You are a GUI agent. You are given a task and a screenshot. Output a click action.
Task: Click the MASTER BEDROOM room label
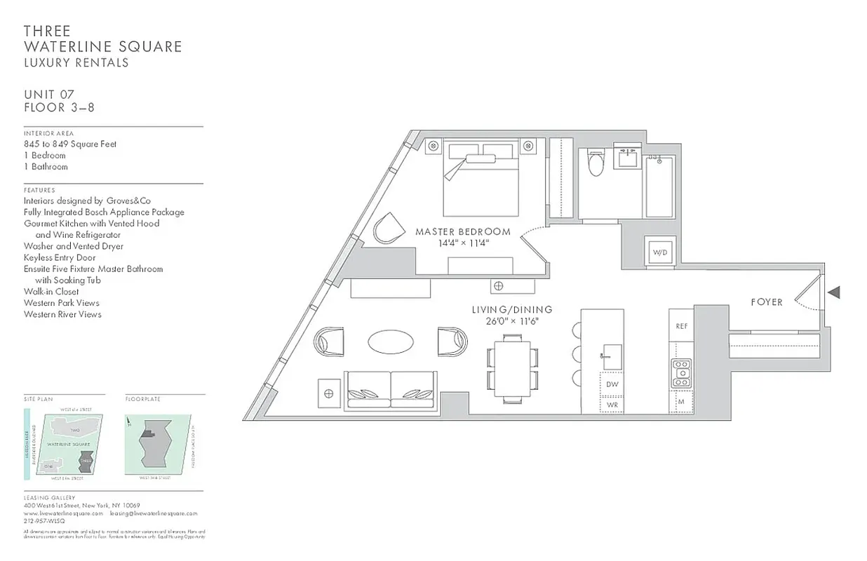click(x=462, y=231)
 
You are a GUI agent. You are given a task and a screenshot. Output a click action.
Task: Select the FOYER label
click(x=767, y=302)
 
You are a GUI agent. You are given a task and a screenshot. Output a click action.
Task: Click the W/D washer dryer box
click(x=660, y=252)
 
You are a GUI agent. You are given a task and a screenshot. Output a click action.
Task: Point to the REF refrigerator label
click(x=681, y=326)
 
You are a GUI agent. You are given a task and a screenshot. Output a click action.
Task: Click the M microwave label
click(x=681, y=401)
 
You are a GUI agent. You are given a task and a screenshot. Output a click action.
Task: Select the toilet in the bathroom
click(x=595, y=163)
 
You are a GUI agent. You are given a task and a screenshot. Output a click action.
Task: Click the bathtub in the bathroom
click(x=659, y=186)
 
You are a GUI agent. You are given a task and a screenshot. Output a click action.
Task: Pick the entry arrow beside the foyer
click(x=834, y=292)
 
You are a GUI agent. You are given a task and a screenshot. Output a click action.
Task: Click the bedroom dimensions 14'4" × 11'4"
click(x=462, y=243)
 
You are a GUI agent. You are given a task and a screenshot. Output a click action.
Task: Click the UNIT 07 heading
click(x=49, y=95)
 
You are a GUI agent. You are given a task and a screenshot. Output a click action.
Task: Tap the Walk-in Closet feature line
click(x=51, y=292)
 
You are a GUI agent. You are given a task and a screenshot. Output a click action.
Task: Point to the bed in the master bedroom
click(x=480, y=179)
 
